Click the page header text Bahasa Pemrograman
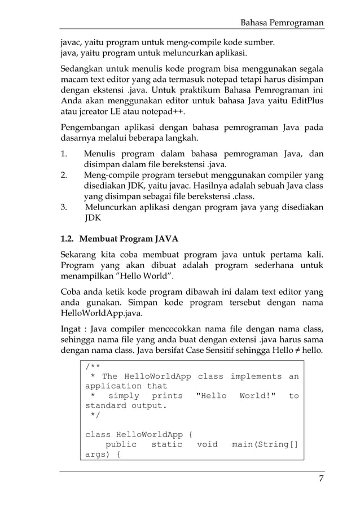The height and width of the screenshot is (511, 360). click(282, 23)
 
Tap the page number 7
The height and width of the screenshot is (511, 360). click(321, 479)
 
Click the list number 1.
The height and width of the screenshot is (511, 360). click(64, 154)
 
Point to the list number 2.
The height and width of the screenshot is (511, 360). click(64, 175)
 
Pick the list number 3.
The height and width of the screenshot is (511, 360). click(64, 207)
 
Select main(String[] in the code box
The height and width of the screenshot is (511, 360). click(265, 444)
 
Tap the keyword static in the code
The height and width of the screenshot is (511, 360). click(166, 444)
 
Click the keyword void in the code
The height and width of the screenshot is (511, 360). click(207, 444)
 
